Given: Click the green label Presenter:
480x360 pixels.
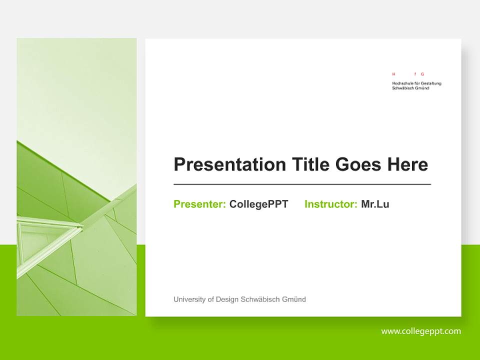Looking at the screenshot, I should point(199,204).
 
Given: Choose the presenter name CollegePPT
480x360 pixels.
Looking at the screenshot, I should point(258,204).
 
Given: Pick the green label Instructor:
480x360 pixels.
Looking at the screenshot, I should point(330,204).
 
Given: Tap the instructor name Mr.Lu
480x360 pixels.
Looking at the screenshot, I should point(375,204).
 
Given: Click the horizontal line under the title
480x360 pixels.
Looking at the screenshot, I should point(302,184).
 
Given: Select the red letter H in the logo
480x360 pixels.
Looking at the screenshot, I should point(393,74).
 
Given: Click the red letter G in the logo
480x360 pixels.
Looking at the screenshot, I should point(422,74).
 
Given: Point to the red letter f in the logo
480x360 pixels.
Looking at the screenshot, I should point(415,74).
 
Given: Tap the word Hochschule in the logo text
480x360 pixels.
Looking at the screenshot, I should point(401,83).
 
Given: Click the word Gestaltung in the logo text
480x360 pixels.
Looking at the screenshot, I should point(431,83).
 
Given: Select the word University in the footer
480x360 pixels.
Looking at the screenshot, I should point(189,299).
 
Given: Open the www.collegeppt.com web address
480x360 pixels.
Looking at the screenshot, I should point(420,331).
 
